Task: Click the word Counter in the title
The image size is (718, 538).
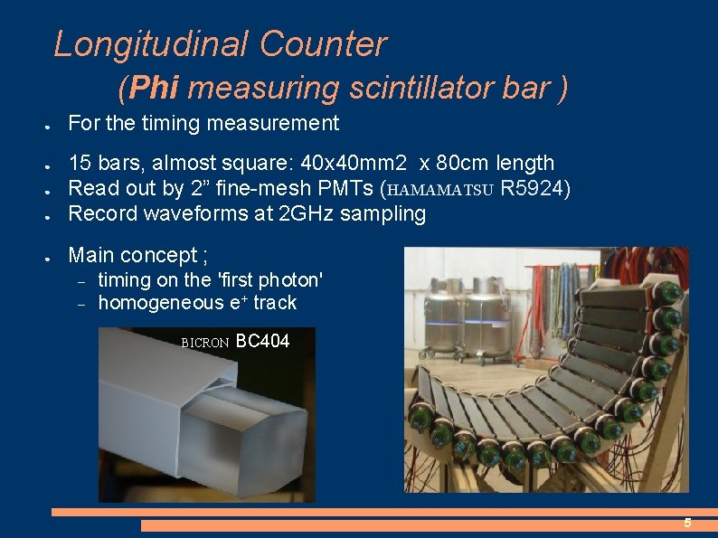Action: (x=323, y=44)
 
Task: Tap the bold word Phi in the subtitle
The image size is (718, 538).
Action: (x=156, y=89)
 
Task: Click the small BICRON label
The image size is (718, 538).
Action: (x=205, y=344)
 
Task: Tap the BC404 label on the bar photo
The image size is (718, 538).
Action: (x=262, y=342)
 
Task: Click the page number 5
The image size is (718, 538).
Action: (x=687, y=524)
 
